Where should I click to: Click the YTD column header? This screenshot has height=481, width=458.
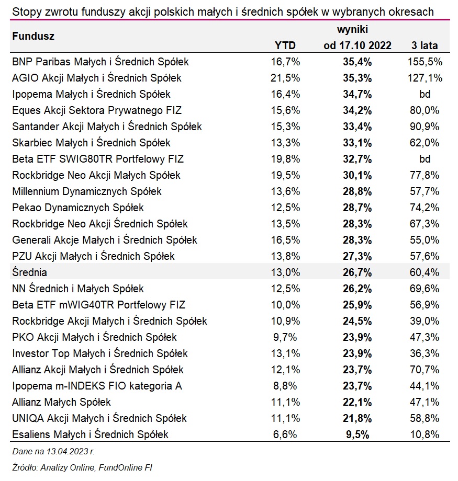[285, 45]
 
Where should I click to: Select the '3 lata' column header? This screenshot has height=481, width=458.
[425, 45]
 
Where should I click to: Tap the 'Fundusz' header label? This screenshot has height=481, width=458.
[33, 37]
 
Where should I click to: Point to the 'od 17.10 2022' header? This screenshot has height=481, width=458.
[358, 45]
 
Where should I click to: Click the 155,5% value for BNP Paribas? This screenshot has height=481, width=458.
[425, 62]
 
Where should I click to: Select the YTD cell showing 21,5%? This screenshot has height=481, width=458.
[285, 78]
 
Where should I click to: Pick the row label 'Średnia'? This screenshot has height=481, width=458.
[30, 272]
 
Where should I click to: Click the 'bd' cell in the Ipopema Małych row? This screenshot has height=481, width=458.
[425, 94]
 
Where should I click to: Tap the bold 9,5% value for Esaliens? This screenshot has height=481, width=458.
[358, 434]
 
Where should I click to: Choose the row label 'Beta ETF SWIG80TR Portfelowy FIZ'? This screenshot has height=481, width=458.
[98, 159]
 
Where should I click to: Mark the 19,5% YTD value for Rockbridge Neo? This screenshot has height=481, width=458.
[285, 175]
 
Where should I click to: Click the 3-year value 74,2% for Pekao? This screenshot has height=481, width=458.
[425, 208]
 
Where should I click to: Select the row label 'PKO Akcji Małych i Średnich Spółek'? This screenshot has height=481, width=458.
[94, 337]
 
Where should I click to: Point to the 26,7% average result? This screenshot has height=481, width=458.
[358, 272]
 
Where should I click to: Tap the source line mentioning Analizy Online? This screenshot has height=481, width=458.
[82, 467]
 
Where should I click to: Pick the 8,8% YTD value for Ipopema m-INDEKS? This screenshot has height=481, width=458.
[285, 386]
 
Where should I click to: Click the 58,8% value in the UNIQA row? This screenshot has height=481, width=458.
[425, 418]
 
